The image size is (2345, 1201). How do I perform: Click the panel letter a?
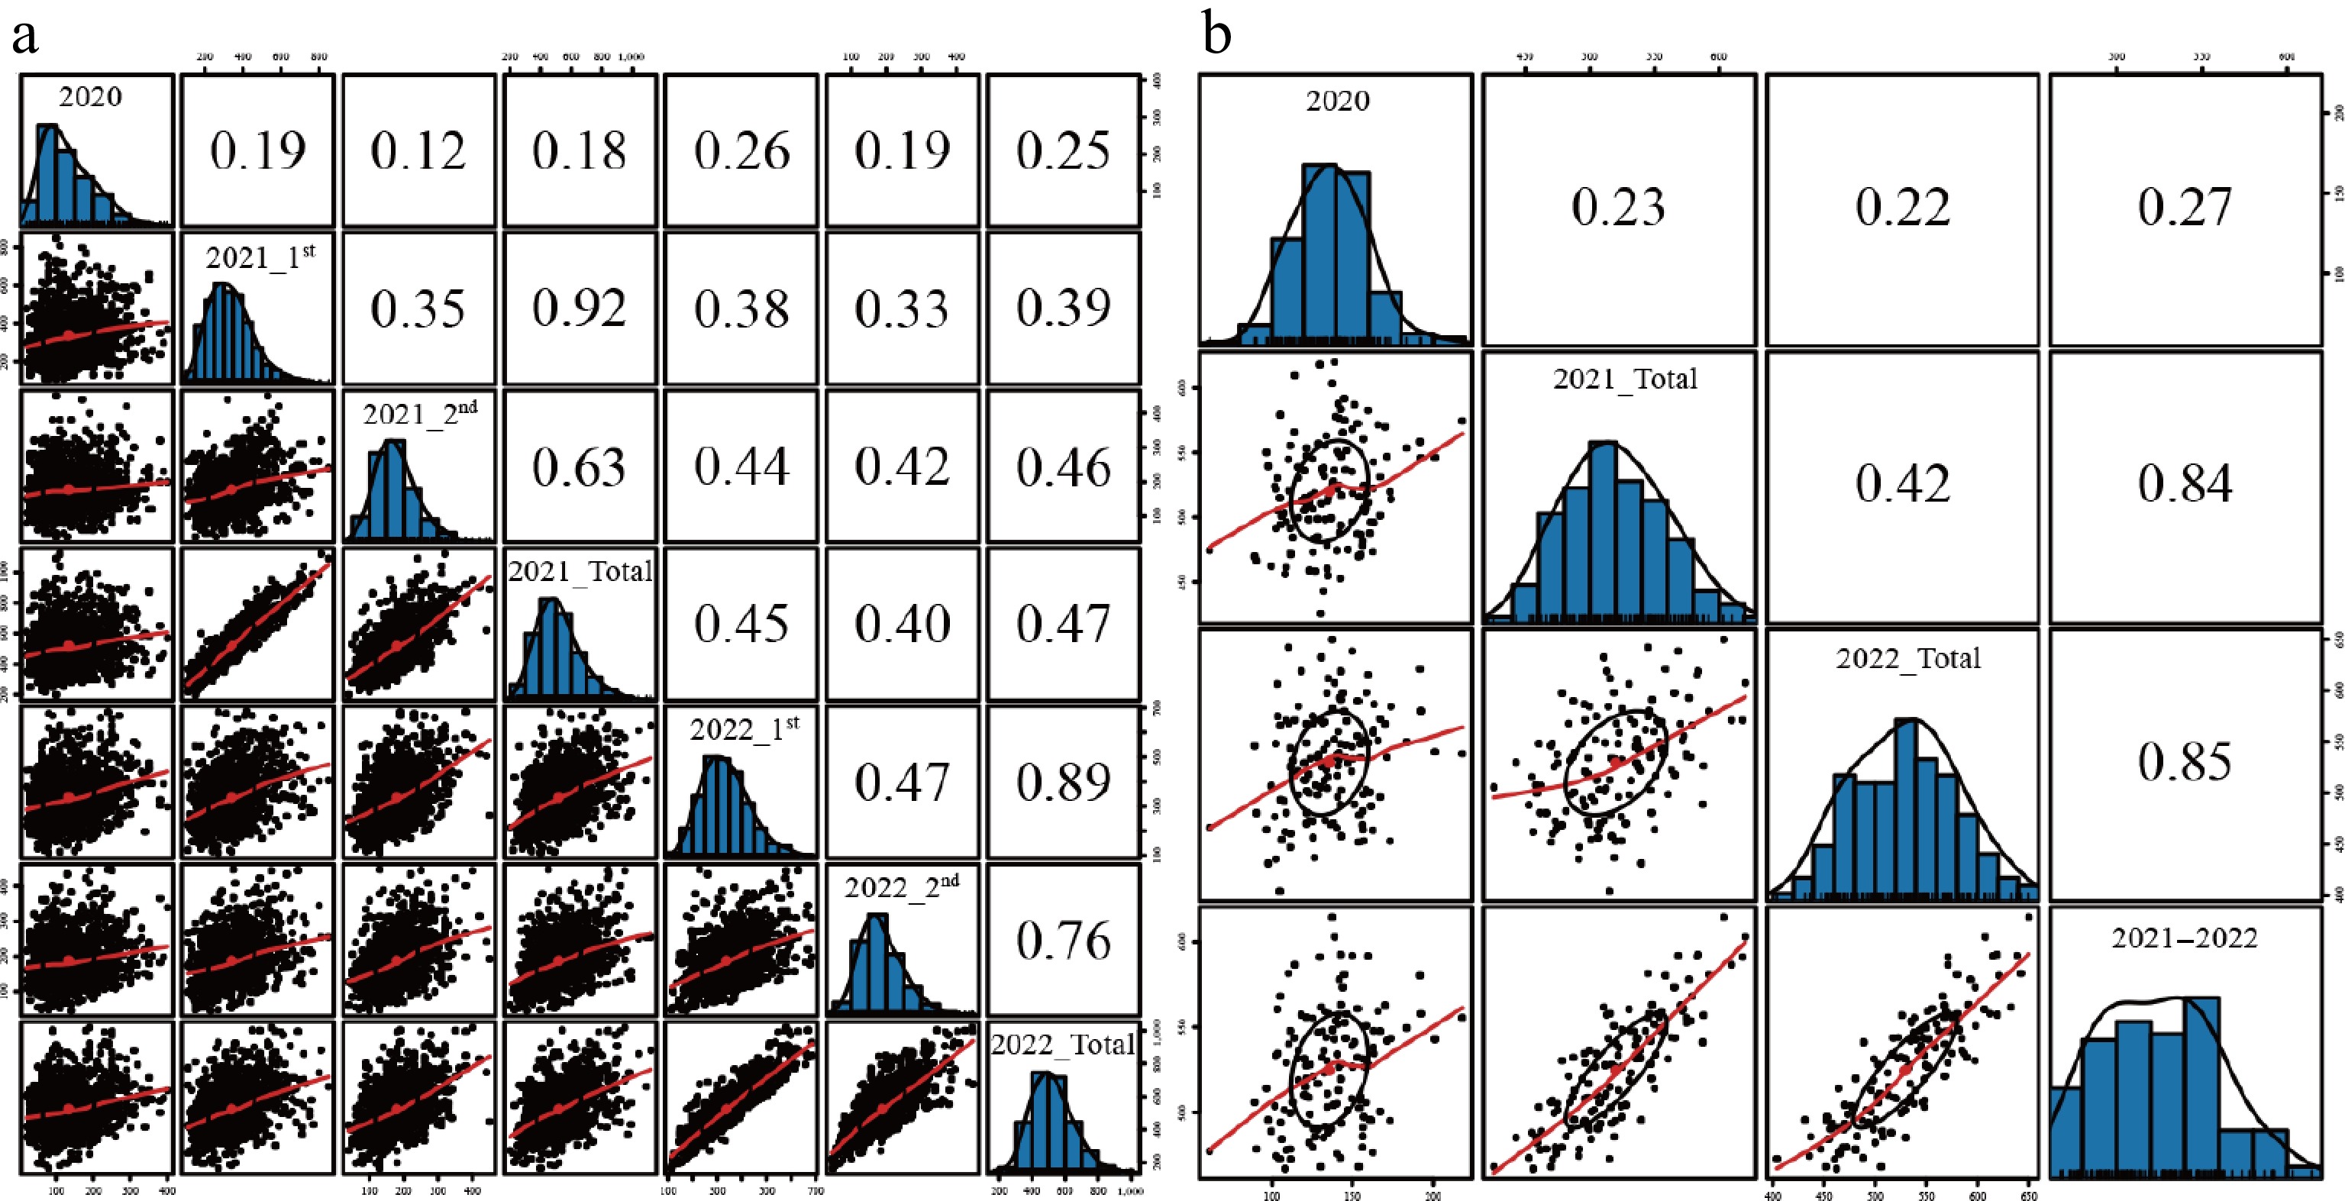tap(25, 37)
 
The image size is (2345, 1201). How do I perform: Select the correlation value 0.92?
tap(580, 308)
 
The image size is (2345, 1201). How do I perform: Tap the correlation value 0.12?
tap(418, 150)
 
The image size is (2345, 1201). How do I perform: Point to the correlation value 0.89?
tap(1063, 781)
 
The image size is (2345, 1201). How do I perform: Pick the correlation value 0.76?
tap(1063, 940)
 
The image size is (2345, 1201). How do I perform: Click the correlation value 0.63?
tap(580, 467)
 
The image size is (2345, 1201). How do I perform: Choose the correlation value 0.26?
tap(742, 150)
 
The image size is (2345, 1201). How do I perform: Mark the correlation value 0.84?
tap(2185, 483)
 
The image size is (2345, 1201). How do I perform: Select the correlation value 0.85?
tap(2185, 762)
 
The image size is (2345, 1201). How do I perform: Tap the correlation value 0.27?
tap(2185, 207)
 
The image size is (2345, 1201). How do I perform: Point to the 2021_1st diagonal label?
tap(260, 257)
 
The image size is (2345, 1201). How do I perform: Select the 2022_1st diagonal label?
tap(745, 728)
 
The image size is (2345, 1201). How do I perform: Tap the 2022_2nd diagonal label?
tap(901, 887)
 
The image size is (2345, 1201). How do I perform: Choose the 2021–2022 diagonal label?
tap(2185, 938)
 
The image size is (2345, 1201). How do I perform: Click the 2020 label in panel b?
tap(1337, 100)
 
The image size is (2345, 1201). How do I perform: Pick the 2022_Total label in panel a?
tap(1063, 1044)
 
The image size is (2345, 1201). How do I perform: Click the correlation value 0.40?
tap(902, 624)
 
